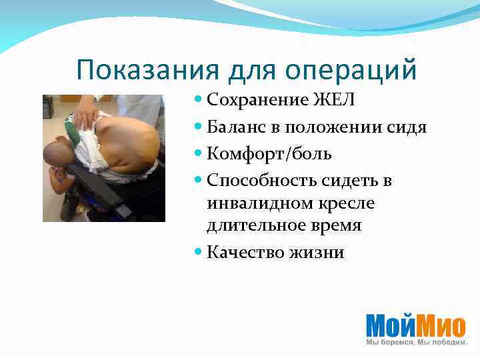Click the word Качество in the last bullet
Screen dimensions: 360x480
243,252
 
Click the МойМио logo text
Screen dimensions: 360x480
415,325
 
